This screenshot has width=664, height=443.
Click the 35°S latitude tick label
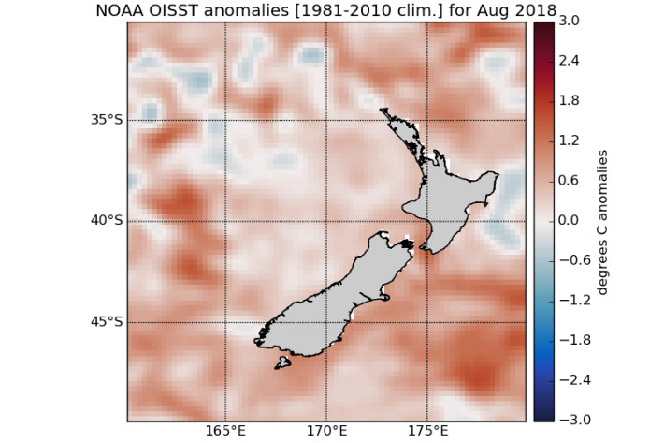pyautogui.click(x=107, y=120)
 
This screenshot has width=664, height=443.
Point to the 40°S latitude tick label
pyautogui.click(x=107, y=221)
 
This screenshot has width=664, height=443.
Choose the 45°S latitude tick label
pyautogui.click(x=107, y=322)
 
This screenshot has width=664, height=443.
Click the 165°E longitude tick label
pyautogui.click(x=225, y=432)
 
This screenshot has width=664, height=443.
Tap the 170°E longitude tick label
pyautogui.click(x=326, y=432)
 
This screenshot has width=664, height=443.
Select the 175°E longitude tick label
pyautogui.click(x=427, y=432)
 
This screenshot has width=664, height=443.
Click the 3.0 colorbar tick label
pyautogui.click(x=569, y=20)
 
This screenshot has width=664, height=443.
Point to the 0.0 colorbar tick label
pyautogui.click(x=569, y=221)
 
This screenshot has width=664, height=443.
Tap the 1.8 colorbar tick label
pyautogui.click(x=569, y=100)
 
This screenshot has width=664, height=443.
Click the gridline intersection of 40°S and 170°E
pyautogui.click(x=326, y=221)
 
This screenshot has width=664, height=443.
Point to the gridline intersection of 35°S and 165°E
pyautogui.click(x=225, y=120)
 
